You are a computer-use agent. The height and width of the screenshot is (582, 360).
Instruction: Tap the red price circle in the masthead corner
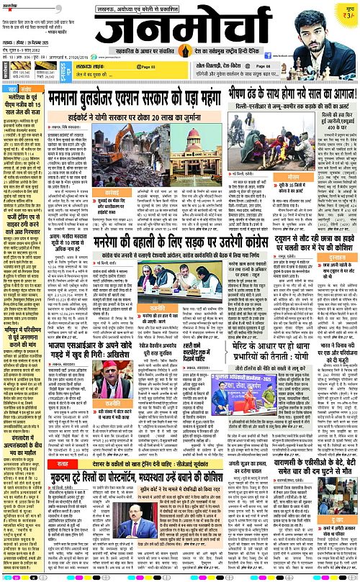pos(347,14)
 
